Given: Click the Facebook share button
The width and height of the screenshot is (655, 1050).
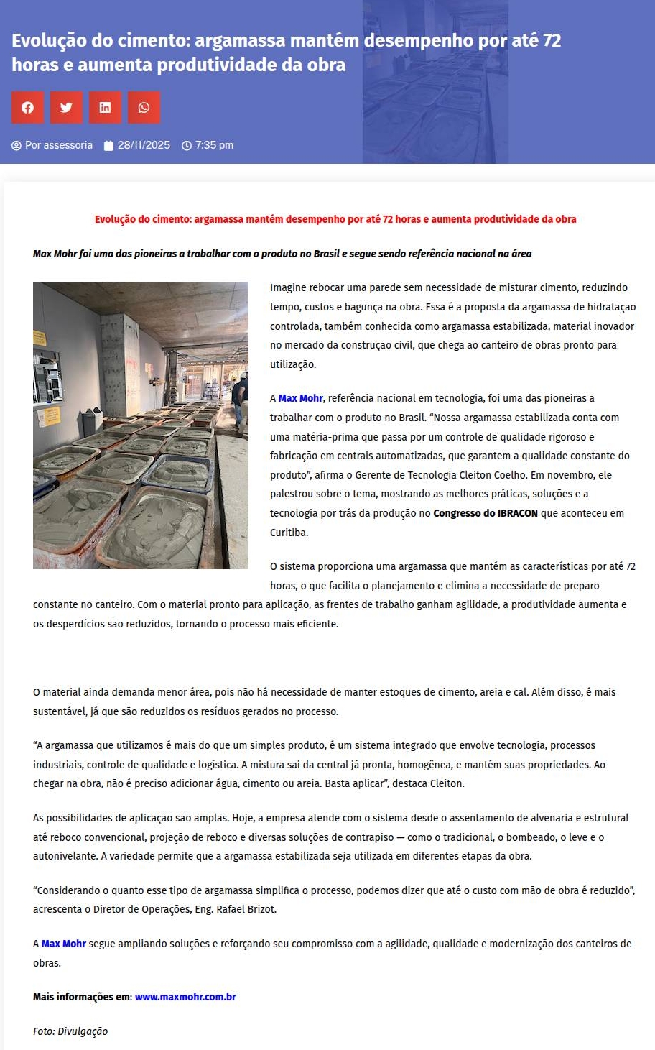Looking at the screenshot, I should coord(27,108).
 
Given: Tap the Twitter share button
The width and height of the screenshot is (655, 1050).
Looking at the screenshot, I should coord(66,108).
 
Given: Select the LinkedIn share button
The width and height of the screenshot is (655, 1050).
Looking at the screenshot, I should coord(105,108).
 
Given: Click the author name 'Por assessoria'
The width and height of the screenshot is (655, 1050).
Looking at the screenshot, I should coord(58,145).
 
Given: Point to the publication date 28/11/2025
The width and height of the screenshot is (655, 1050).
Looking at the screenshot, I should coord(144,145).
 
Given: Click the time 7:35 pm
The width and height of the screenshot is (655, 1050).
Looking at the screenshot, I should coord(214,145).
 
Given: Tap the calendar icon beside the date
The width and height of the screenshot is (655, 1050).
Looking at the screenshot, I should coord(108,146).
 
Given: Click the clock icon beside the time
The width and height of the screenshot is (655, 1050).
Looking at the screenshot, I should coord(187,146).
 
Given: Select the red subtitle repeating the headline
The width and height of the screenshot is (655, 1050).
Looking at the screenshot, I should coord(335,219).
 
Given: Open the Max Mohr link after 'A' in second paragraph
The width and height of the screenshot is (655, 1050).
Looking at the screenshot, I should coord(300,398).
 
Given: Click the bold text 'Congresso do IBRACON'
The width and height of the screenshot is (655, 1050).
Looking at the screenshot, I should coord(486,513).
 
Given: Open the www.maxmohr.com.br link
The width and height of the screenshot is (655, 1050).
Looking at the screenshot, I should coord(185,997).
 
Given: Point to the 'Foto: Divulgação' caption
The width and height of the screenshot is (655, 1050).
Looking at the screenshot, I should coord(70,1031).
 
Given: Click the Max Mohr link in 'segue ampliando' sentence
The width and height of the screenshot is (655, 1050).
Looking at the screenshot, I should coord(63,944).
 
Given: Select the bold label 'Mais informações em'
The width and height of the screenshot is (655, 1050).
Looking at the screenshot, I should coord(82,997).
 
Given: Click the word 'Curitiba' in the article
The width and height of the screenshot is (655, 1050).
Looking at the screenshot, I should coord(289,533).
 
